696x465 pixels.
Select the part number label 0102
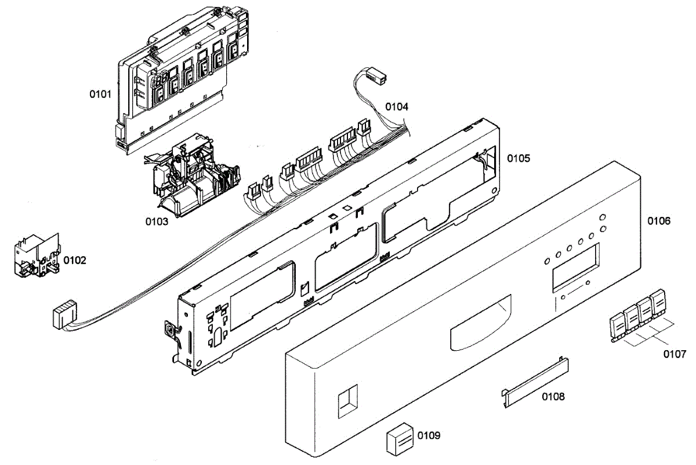[75, 260]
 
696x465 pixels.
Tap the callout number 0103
[157, 221]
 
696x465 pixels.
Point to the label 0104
[397, 107]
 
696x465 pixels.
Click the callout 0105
[519, 158]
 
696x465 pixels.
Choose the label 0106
[659, 221]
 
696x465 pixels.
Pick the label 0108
[553, 397]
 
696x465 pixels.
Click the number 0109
[429, 435]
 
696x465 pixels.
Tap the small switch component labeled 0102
[37, 256]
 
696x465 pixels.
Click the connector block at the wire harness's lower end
[64, 315]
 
